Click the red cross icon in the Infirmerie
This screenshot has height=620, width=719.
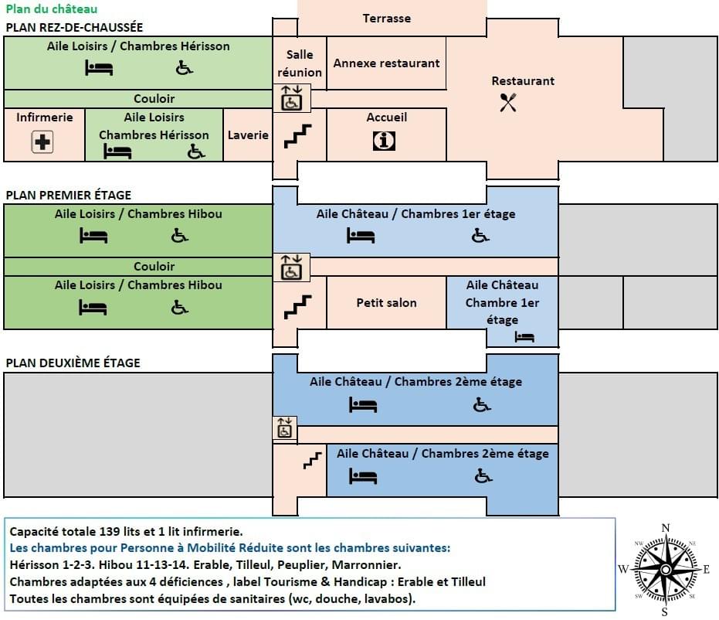tap(42, 142)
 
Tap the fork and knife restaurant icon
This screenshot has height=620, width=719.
tap(507, 102)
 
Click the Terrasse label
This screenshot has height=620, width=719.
tap(387, 18)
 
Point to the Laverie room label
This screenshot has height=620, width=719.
tap(248, 135)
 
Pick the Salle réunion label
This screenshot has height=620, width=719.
tap(300, 63)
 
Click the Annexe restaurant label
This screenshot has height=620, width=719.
tap(386, 63)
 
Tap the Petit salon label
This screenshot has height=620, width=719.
tap(386, 302)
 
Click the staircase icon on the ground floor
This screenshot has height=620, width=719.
tap(297, 137)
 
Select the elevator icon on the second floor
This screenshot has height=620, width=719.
tap(284, 427)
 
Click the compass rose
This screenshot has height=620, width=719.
tap(665, 568)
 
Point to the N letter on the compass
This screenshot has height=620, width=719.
tap(666, 529)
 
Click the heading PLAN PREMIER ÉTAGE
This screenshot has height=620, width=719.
tap(69, 196)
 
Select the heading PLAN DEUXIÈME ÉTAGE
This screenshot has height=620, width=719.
tap(73, 363)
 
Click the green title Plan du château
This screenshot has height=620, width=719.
tap(52, 9)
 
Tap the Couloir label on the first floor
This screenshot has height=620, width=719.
tap(154, 266)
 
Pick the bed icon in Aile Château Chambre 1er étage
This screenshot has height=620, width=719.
tap(525, 337)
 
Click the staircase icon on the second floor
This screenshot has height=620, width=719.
tap(312, 462)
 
